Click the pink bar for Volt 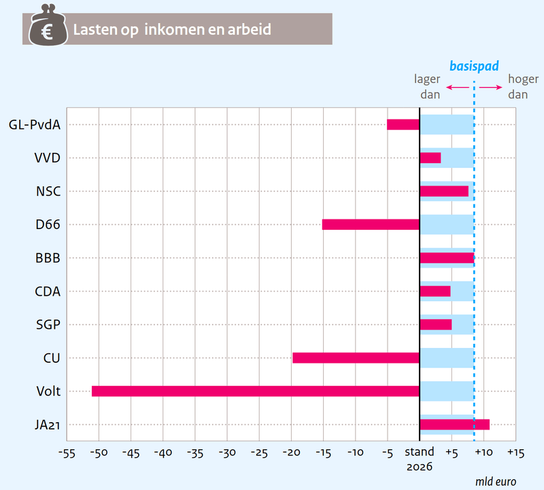tap(255, 391)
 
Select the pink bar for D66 tap(371, 224)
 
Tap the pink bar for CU tap(356, 357)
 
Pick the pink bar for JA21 tap(454, 425)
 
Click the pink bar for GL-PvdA tap(403, 124)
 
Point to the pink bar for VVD tap(430, 158)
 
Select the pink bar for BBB tap(446, 258)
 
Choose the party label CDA tap(48, 292)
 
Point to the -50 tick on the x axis tap(98, 453)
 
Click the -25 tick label tap(258, 453)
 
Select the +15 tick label tap(515, 453)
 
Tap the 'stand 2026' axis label tap(420, 459)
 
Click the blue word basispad tap(474, 67)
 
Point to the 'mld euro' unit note tap(496, 481)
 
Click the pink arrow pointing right tap(490, 87)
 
